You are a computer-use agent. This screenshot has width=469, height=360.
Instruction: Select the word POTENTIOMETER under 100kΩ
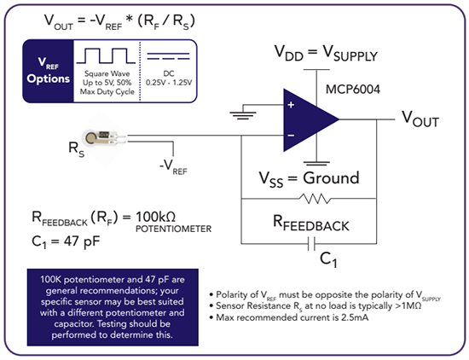[181, 229]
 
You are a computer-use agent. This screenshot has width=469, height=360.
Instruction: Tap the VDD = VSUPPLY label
[325, 55]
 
